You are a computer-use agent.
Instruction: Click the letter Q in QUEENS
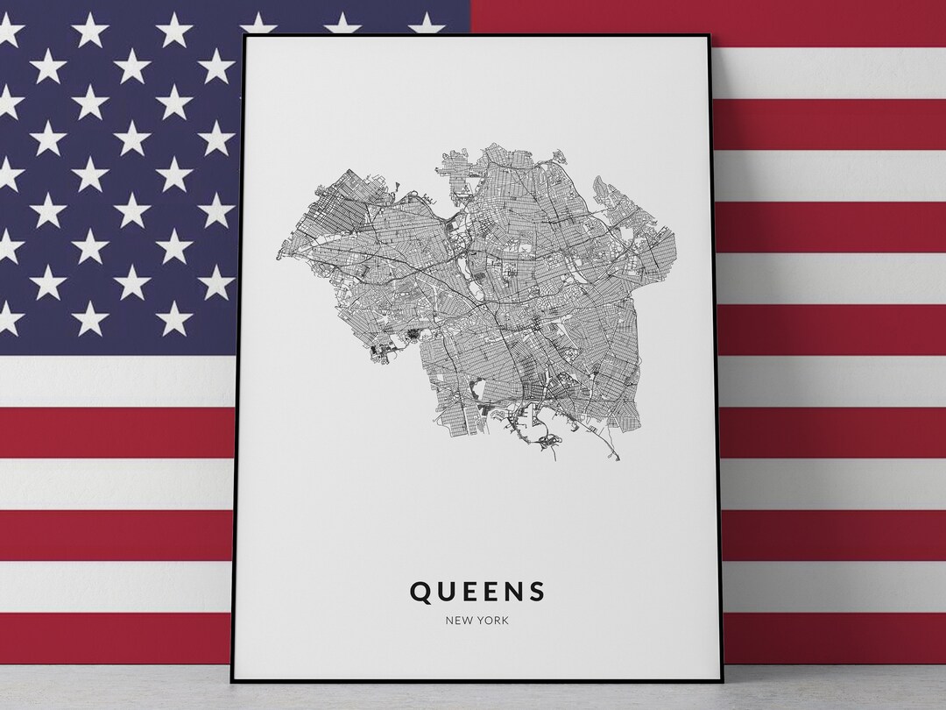click(421, 592)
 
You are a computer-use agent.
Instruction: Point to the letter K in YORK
click(505, 621)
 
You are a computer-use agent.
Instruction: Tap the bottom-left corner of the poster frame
click(233, 680)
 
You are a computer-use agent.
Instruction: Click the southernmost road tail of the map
click(616, 458)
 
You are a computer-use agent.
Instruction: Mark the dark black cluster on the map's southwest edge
click(379, 352)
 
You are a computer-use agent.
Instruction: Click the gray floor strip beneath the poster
click(473, 698)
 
